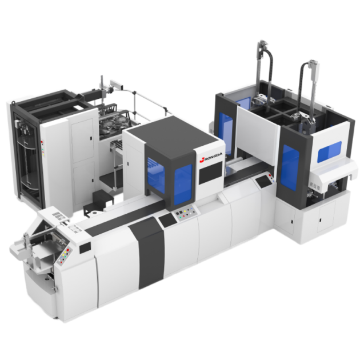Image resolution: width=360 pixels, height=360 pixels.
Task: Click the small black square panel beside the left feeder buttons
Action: coord(85,247)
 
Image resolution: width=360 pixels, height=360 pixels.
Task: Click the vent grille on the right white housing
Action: coord(330,181)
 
